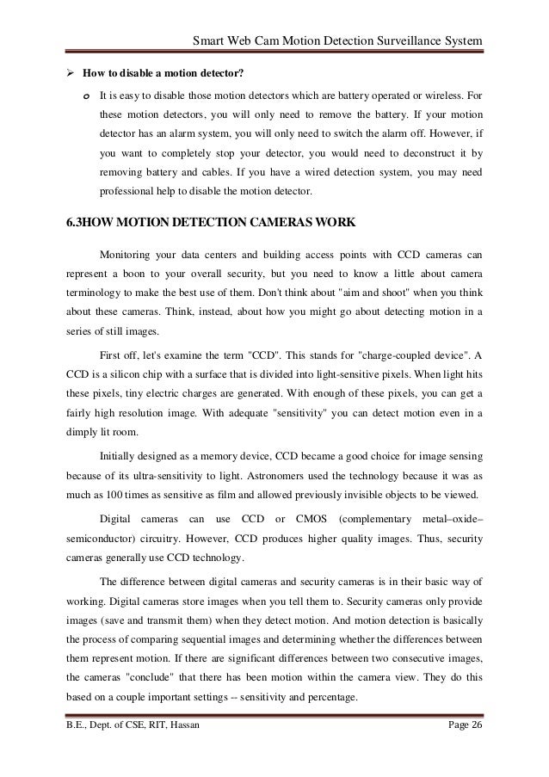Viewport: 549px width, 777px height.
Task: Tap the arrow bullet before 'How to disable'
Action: click(x=71, y=71)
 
